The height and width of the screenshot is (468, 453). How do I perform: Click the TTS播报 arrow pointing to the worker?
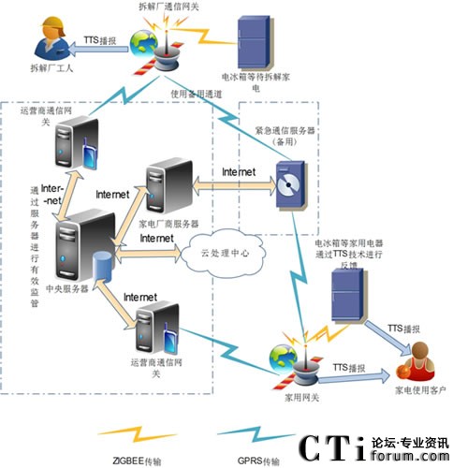tap(99, 43)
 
